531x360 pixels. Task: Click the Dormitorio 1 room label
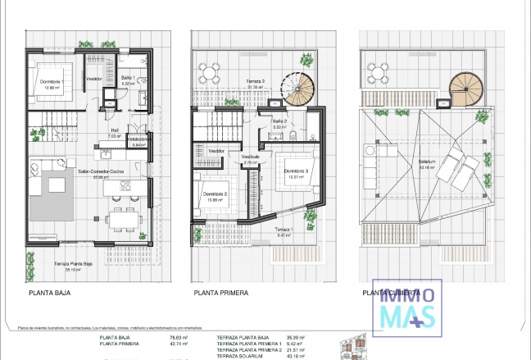(x=53, y=81)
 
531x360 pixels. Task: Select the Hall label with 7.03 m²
(x=116, y=132)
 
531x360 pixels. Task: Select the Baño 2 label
(x=278, y=122)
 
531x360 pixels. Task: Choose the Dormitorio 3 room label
(x=294, y=171)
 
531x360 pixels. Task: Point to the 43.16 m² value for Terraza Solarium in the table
(x=306, y=357)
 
